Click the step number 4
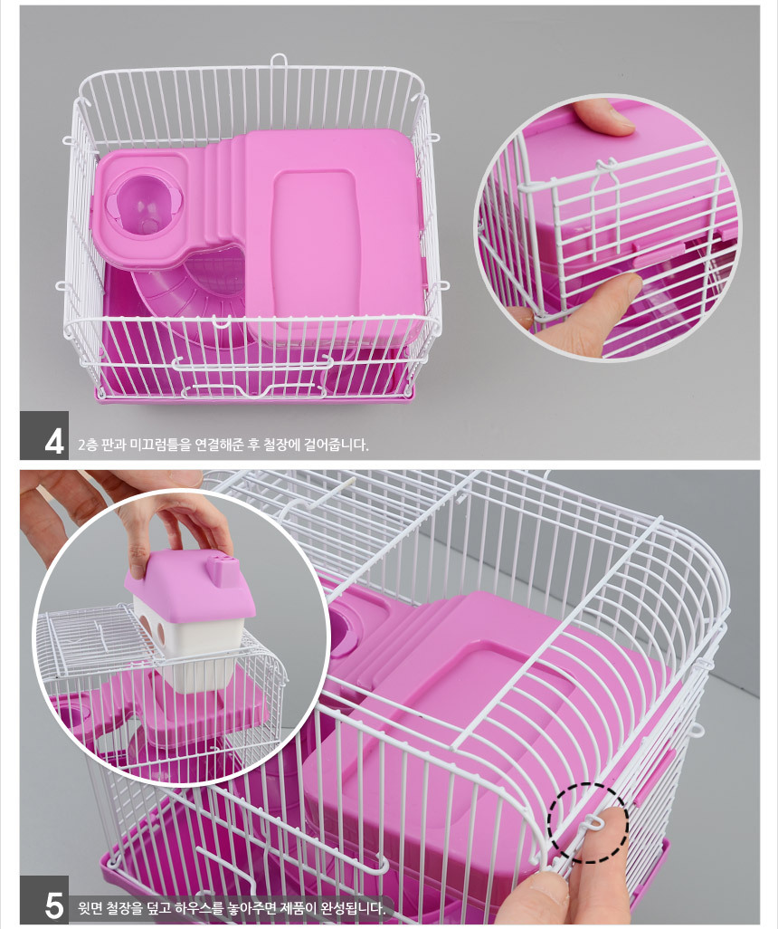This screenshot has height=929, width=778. click(54, 441)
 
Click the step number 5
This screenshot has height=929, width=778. click(54, 905)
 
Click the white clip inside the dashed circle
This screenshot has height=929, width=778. click(591, 822)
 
